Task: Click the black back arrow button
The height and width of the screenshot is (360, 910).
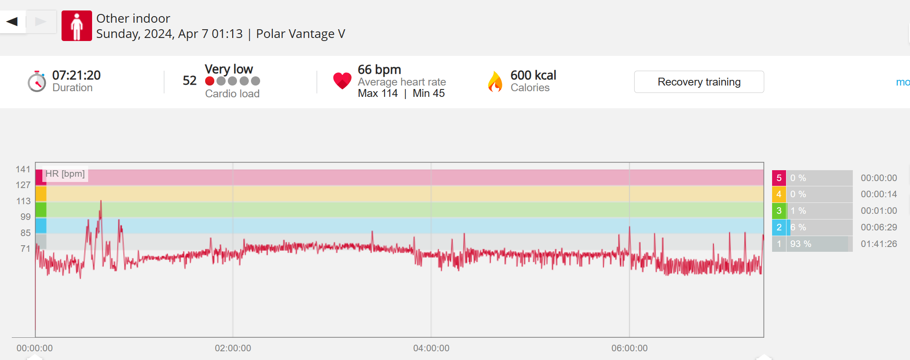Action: pos(12,21)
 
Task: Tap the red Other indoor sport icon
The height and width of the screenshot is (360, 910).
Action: pos(77,26)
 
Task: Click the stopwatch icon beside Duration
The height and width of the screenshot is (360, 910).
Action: pos(37,82)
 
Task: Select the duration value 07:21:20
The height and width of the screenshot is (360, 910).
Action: pos(76,75)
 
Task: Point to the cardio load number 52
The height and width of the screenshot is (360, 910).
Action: pos(189,81)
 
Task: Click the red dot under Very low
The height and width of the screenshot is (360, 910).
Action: pos(209,81)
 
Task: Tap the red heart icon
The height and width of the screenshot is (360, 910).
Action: pos(342,81)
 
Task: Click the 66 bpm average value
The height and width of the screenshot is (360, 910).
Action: pos(379,69)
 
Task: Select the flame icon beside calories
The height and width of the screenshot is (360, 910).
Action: pos(495,82)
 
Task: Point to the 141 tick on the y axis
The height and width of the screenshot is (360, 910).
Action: pos(23,169)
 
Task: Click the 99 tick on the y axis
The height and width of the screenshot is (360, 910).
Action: pos(25,217)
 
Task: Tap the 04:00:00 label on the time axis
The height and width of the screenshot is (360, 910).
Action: pos(431,348)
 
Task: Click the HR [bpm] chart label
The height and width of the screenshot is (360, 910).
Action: pos(65,174)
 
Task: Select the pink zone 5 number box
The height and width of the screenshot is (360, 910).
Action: pos(779,178)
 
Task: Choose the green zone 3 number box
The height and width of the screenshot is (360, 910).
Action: pos(779,211)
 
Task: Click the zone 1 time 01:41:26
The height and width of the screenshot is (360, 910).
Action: pos(879,244)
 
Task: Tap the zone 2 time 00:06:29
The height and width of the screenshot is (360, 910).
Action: pos(879,227)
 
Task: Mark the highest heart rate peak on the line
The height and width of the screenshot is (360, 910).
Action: pos(101,201)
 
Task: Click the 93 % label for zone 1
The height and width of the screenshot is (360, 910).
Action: pos(800,244)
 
